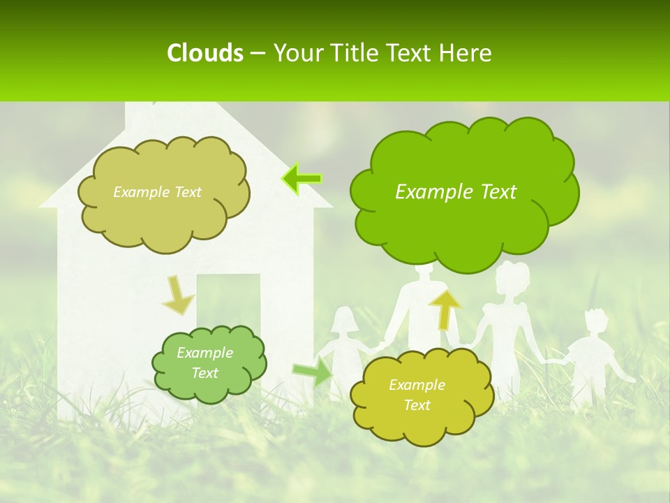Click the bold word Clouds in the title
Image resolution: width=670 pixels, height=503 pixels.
point(204,53)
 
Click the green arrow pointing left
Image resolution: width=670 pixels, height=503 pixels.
point(301,179)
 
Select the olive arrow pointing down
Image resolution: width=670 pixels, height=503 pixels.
point(179,295)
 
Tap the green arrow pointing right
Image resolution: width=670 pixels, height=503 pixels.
point(313,371)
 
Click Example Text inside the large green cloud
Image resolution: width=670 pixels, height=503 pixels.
point(456,192)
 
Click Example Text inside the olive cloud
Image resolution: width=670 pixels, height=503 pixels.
point(157,192)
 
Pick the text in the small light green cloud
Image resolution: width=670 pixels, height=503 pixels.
point(204,363)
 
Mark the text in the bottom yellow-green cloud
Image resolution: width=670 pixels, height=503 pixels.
point(417,395)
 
